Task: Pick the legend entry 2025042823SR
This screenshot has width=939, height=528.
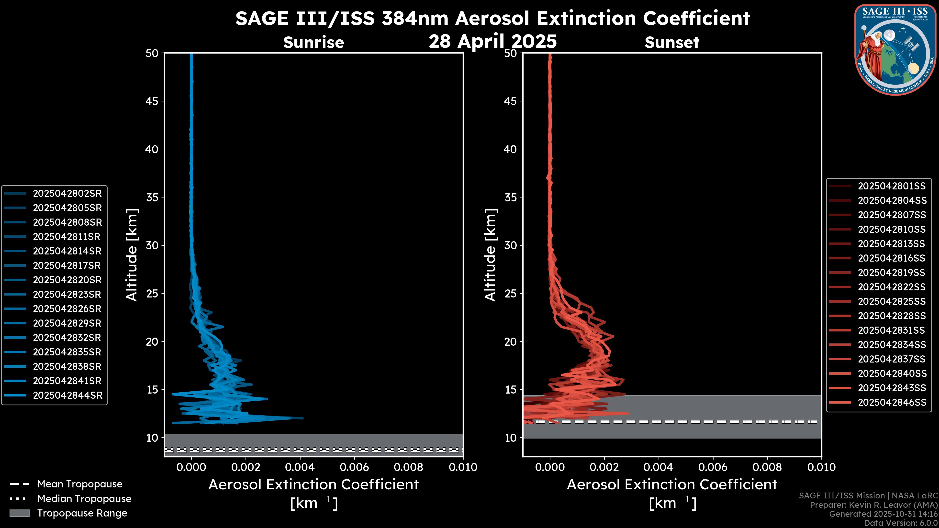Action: [x=67, y=294]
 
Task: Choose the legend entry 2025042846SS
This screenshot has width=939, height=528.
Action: [x=892, y=402]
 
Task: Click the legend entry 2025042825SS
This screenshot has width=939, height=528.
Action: [x=892, y=301]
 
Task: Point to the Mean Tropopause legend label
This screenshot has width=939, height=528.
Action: [x=80, y=484]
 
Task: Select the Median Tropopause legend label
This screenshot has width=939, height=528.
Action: [x=84, y=498]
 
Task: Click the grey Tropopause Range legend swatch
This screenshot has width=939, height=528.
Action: [x=19, y=513]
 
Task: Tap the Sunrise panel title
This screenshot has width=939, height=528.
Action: [x=313, y=43]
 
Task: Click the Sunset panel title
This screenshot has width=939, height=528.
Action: [x=672, y=43]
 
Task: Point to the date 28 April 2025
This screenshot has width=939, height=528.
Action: [x=492, y=41]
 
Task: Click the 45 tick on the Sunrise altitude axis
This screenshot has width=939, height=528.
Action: [x=152, y=101]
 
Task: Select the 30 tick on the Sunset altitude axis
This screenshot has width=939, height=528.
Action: [x=510, y=245]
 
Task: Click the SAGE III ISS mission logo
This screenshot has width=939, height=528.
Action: [x=895, y=50]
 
